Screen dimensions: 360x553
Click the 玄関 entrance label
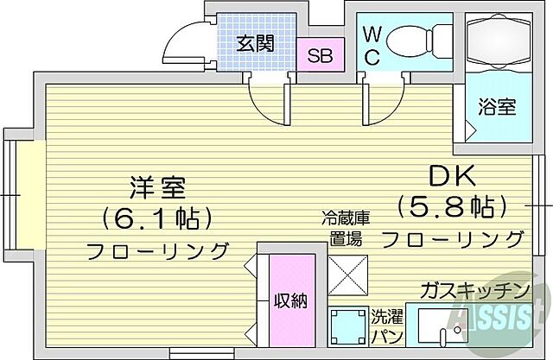click(256, 41)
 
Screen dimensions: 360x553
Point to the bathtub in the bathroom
click(499, 43)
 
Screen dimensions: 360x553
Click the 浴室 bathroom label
click(498, 107)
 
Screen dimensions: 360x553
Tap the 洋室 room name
click(157, 186)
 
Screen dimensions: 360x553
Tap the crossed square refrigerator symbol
click(348, 275)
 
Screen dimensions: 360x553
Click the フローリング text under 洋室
click(157, 251)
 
